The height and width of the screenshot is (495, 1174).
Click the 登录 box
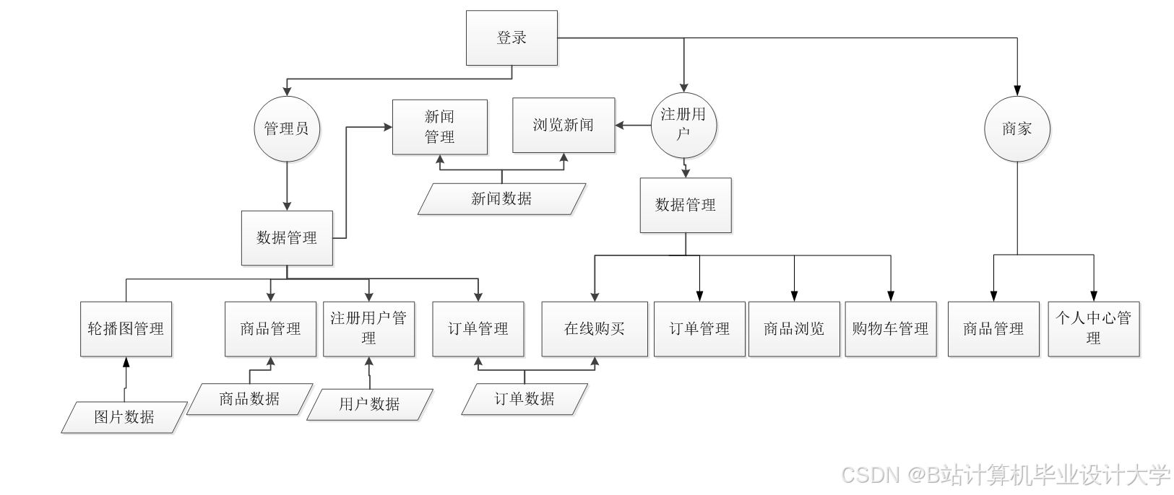coord(512,38)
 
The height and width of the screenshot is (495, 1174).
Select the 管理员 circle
coord(287,129)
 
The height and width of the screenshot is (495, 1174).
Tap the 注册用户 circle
coord(683,125)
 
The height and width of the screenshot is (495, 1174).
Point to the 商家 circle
coord(1017,129)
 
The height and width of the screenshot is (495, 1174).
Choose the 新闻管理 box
coord(439,127)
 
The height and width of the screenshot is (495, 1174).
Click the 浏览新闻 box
coord(564,126)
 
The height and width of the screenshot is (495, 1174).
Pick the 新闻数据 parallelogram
coord(501,198)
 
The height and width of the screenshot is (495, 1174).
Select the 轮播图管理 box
coord(126,329)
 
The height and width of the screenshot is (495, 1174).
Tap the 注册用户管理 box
coord(368,328)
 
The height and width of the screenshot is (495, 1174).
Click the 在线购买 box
coord(595,329)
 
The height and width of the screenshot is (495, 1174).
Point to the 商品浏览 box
coord(794,329)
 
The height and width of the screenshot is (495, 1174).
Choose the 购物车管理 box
coord(890,329)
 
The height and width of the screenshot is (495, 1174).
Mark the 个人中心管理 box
coord(1093,328)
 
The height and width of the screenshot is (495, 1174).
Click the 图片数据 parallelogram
coord(124,417)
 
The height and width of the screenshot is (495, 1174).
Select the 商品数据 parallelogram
coord(250,398)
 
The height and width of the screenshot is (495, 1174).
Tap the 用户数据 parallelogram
coord(370,404)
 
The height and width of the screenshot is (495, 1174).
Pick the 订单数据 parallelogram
coord(525,398)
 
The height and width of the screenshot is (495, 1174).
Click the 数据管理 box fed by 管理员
coord(287,238)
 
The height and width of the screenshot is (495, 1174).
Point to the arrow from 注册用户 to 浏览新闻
coord(634,126)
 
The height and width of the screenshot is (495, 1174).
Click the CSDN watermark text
coord(1004,474)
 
